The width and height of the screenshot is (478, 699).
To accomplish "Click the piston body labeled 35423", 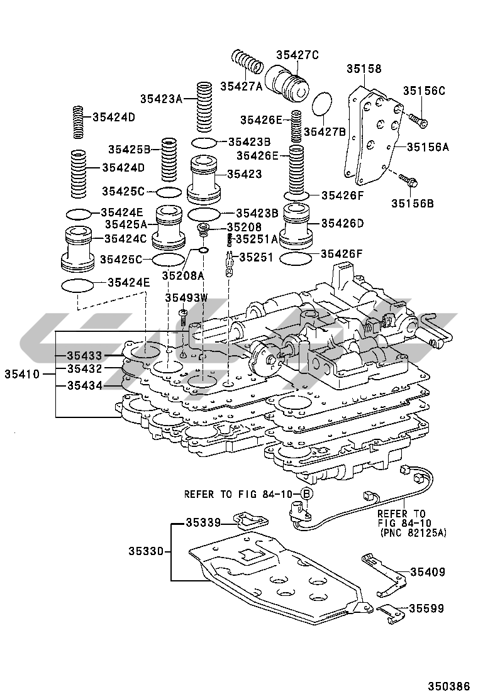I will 204,179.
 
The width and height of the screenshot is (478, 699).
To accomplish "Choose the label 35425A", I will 126,224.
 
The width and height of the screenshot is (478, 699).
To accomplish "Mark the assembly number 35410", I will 23,373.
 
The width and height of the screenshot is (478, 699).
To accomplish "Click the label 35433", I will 84,356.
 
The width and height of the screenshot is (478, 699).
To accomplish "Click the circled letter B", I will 306,494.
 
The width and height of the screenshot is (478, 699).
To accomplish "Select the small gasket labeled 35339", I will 250,519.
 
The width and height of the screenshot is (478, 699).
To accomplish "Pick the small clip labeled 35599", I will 390,612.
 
